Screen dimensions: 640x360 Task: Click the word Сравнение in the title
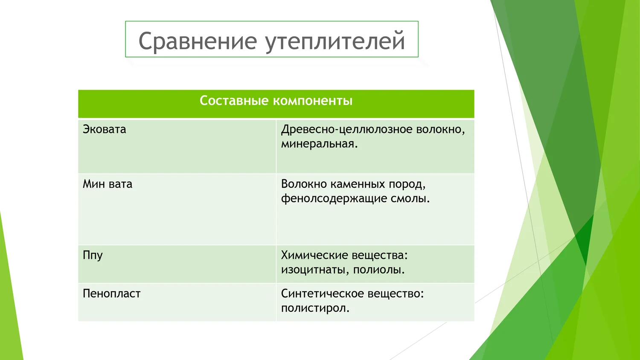click(198, 41)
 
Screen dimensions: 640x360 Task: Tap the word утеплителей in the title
click(335, 42)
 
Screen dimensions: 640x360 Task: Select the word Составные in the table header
click(234, 101)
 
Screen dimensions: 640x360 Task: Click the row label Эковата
click(104, 129)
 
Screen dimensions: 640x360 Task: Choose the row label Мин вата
click(108, 184)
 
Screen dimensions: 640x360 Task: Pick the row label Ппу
click(93, 255)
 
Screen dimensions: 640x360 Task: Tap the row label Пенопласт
click(112, 294)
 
